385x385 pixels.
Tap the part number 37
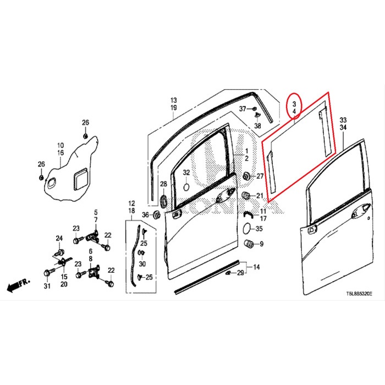(x=243, y=109)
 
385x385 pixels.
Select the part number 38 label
(x=257, y=126)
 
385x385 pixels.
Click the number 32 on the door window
(x=186, y=173)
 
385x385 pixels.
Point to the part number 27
(x=261, y=175)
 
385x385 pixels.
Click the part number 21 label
(x=260, y=195)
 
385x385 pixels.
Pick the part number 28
(x=163, y=184)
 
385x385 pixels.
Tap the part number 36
(x=145, y=215)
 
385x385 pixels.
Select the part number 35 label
(x=260, y=228)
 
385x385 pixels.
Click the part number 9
(x=261, y=244)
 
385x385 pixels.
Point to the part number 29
(x=240, y=273)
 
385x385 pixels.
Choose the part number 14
(x=256, y=268)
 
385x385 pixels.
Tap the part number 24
(x=59, y=238)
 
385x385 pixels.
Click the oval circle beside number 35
(x=248, y=228)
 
